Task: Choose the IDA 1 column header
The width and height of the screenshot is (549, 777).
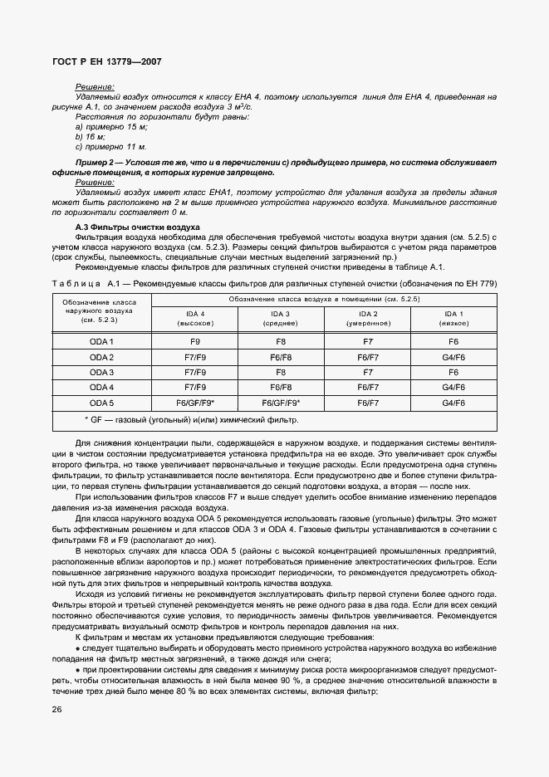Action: click(x=453, y=318)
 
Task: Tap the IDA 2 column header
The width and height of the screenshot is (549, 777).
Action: click(x=368, y=318)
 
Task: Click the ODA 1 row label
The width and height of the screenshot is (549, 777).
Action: click(x=101, y=341)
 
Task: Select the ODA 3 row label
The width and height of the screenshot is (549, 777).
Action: click(x=101, y=372)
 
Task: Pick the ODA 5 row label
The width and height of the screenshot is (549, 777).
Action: click(x=101, y=403)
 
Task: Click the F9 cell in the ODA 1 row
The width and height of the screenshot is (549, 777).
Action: click(x=194, y=341)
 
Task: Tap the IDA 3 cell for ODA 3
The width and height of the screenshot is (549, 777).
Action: click(x=281, y=372)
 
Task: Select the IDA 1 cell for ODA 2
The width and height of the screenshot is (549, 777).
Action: click(x=453, y=357)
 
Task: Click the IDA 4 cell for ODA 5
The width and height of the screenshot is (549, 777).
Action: click(x=194, y=403)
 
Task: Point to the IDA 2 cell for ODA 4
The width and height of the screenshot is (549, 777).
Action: click(x=368, y=388)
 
